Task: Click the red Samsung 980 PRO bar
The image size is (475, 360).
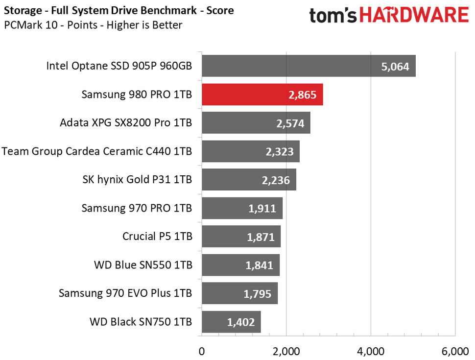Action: point(262,95)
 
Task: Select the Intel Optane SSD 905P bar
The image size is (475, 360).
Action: point(309,66)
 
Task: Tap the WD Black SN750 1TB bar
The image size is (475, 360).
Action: point(231,322)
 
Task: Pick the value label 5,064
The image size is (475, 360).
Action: point(395,67)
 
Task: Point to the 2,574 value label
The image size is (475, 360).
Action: point(290,123)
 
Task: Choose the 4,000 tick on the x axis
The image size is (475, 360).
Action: point(371,351)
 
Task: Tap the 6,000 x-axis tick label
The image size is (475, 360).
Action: point(455,351)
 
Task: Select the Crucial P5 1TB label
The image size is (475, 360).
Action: point(157,237)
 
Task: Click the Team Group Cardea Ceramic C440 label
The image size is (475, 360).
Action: point(97,151)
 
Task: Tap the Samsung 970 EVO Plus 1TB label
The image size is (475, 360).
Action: point(125,293)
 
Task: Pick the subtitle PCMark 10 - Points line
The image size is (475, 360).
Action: point(93,24)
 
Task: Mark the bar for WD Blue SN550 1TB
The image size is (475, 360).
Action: point(240,265)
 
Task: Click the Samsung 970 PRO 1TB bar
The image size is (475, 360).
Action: point(242,208)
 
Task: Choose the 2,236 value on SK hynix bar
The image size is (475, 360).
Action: point(276,180)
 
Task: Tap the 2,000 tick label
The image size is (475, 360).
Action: point(286,351)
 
